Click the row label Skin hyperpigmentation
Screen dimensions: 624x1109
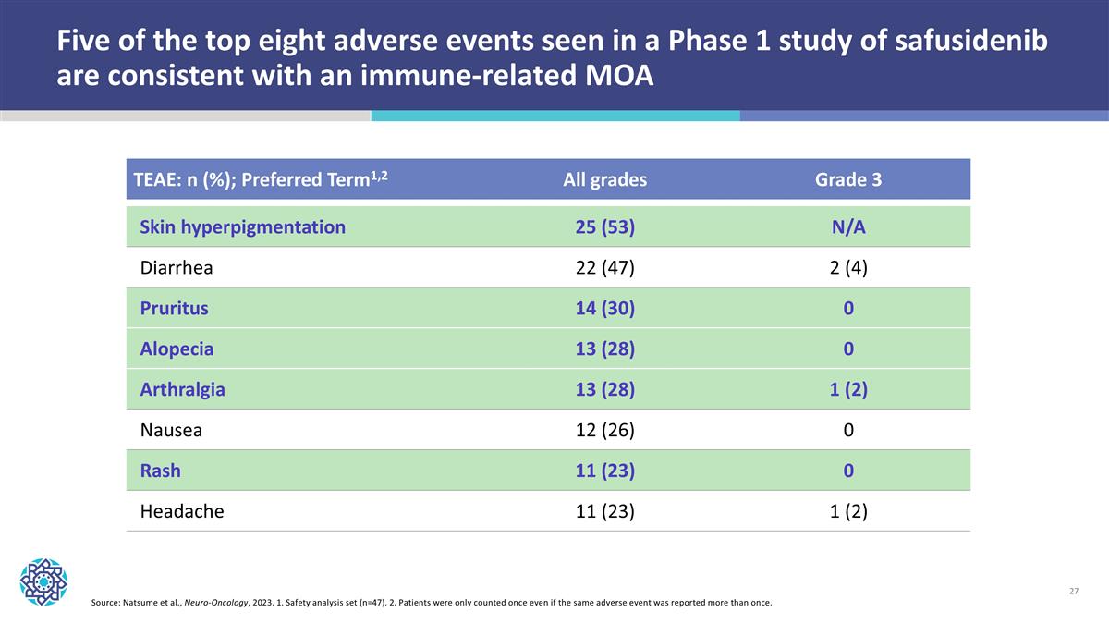pyautogui.click(x=242, y=227)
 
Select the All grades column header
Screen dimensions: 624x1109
pyautogui.click(x=604, y=180)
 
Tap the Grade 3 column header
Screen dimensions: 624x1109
pyautogui.click(x=847, y=180)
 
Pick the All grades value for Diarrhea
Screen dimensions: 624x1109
pyautogui.click(x=604, y=268)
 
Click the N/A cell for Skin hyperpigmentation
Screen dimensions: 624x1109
pyautogui.click(x=847, y=227)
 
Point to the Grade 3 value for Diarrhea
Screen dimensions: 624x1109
pyautogui.click(x=847, y=268)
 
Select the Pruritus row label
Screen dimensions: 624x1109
pyautogui.click(x=174, y=309)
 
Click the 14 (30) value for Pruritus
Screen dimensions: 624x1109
pyautogui.click(x=604, y=309)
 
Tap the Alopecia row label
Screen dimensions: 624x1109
pyautogui.click(x=177, y=349)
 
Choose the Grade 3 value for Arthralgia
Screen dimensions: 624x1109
pyautogui.click(x=847, y=390)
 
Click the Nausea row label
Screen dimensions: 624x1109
pyautogui.click(x=171, y=430)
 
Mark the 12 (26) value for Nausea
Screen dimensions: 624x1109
pyautogui.click(x=604, y=430)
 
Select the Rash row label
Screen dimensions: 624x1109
pyautogui.click(x=160, y=471)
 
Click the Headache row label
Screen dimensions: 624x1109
pyautogui.click(x=181, y=511)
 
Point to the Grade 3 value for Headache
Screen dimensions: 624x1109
pyautogui.click(x=847, y=511)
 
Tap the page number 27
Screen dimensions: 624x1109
pyautogui.click(x=1073, y=592)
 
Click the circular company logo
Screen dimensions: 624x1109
pyautogui.click(x=43, y=581)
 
